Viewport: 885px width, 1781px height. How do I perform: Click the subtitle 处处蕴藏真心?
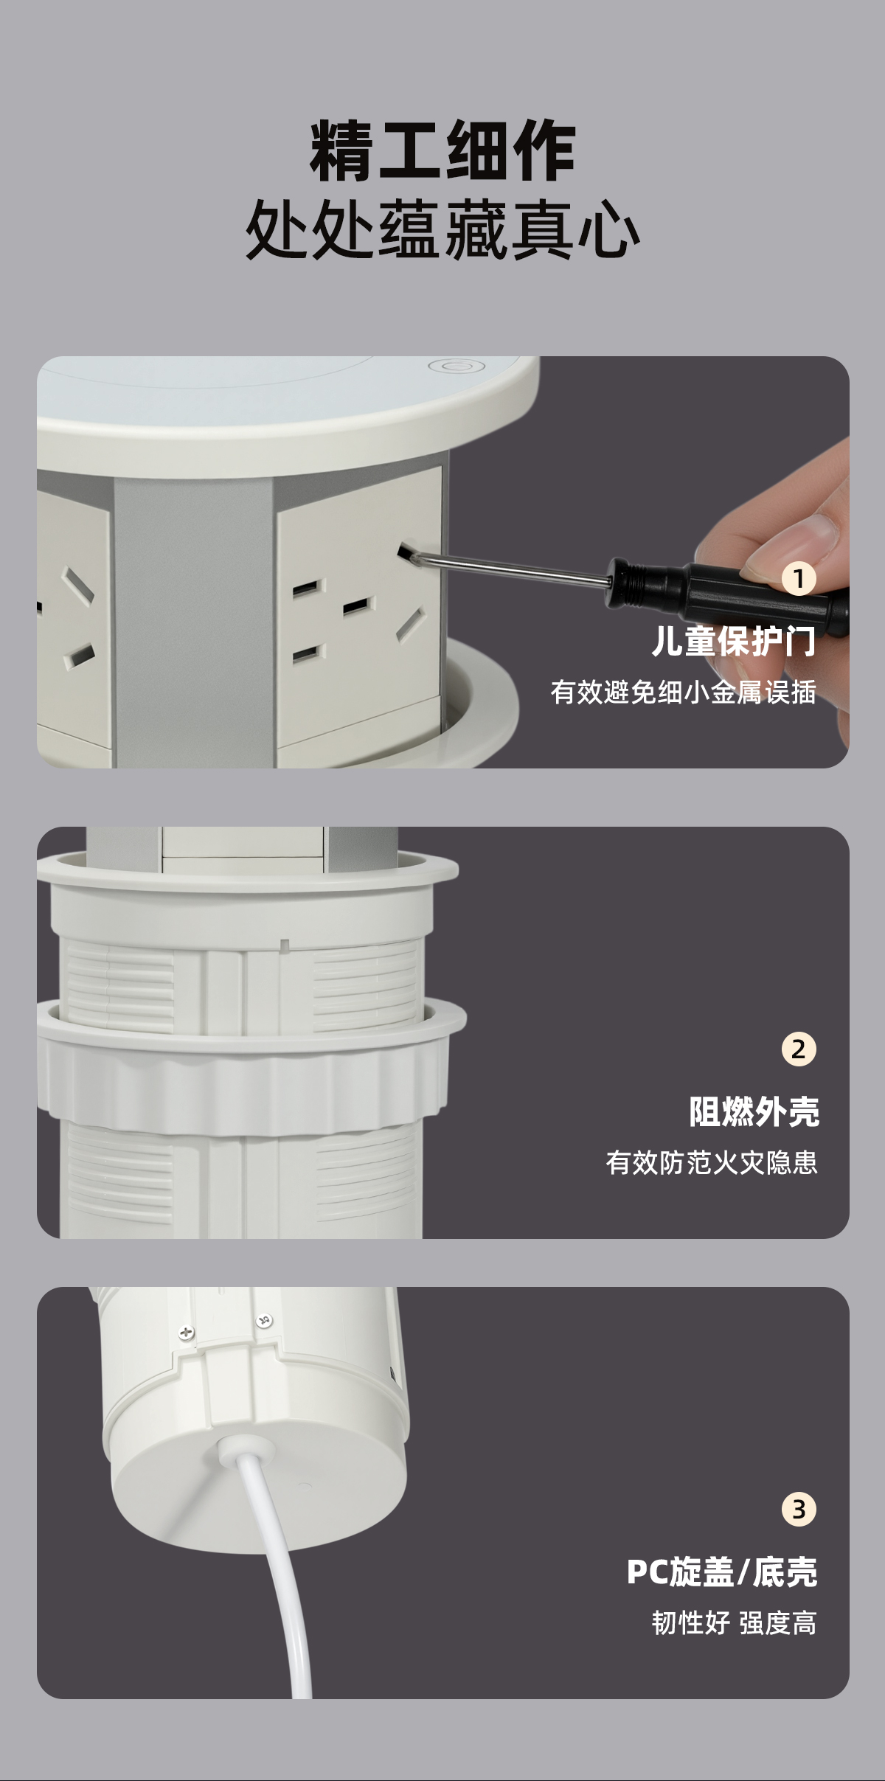[442, 229]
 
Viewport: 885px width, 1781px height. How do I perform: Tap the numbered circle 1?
[799, 579]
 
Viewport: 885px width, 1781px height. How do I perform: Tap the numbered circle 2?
[799, 1049]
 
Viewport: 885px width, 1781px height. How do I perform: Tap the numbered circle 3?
[799, 1509]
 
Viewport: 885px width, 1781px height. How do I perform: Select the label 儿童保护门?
[734, 641]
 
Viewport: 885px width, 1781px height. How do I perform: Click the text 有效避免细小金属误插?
[684, 692]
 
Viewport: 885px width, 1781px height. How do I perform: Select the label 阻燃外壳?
[754, 1111]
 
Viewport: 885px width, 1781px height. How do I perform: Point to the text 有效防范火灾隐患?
[712, 1163]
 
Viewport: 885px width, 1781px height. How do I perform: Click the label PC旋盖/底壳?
[722, 1572]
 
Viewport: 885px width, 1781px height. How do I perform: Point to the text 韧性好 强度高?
[735, 1623]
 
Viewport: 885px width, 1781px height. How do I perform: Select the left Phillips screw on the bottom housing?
[187, 1333]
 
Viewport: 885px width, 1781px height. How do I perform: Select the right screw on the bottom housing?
[264, 1320]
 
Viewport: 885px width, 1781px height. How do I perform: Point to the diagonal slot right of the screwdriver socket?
[411, 625]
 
